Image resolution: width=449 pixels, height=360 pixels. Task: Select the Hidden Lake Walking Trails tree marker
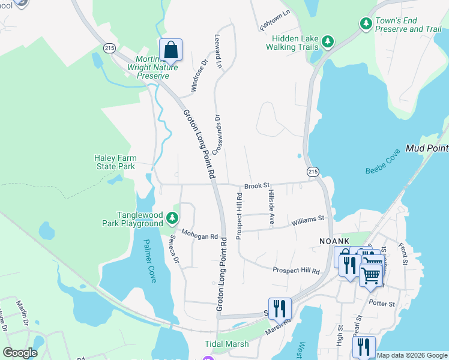click(327, 41)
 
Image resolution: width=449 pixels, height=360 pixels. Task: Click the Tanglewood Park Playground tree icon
click(172, 218)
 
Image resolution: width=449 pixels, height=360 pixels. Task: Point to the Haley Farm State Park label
click(115, 162)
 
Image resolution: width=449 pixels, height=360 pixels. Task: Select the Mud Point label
click(427, 148)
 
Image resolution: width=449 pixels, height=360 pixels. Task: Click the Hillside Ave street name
click(271, 208)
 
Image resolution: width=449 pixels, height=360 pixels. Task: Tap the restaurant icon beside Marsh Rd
click(280, 308)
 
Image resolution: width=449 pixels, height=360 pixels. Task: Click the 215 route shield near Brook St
click(312, 172)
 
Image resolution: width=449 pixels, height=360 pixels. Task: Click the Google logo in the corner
click(20, 353)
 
